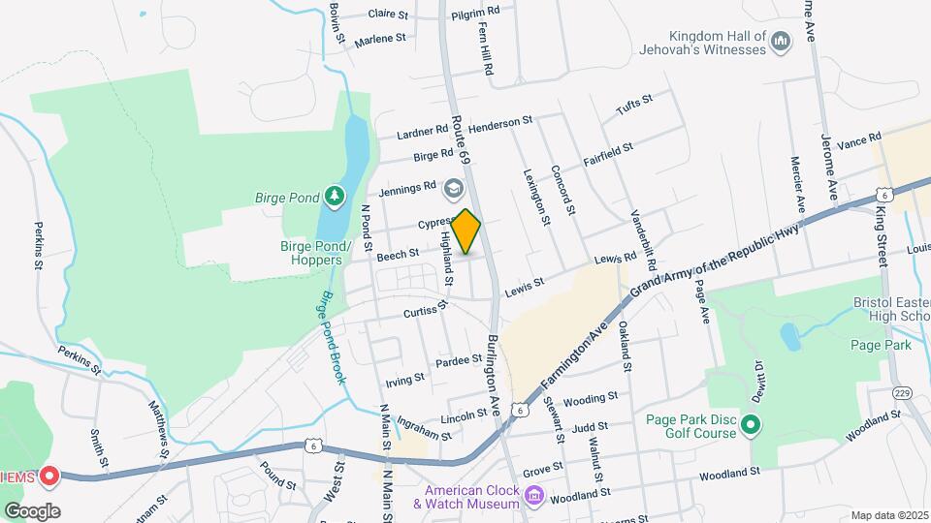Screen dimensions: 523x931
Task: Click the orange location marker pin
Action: [x=466, y=232]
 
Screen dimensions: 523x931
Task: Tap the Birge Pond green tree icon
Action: [x=334, y=197]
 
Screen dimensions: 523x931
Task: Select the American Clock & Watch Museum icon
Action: [x=533, y=497]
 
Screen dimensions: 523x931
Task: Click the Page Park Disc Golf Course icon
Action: [x=751, y=425]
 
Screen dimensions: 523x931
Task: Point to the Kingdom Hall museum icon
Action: [x=783, y=40]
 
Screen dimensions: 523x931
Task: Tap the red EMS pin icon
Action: [x=49, y=477]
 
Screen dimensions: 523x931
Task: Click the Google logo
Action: [x=32, y=511]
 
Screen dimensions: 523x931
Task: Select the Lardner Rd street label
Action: [x=422, y=131]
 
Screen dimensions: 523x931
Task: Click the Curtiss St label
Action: [x=428, y=310]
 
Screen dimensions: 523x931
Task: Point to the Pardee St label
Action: [x=460, y=360]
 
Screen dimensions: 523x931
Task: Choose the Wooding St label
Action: [x=590, y=398]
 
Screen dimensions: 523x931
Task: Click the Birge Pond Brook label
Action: [x=331, y=337]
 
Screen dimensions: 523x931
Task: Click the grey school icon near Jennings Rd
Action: [x=452, y=187]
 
